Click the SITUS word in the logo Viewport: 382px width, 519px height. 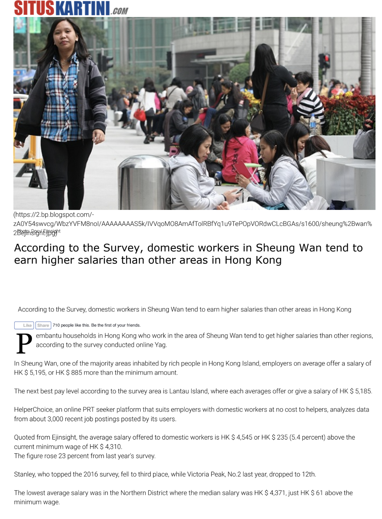pos(34,8)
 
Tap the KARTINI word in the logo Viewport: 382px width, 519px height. pos(82,8)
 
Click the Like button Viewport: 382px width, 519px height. pos(24,325)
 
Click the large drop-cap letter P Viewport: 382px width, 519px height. pos(24,343)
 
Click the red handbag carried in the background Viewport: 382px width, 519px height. pos(140,114)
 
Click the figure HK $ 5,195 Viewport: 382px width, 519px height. pos(30,373)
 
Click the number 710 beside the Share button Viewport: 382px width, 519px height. pos(56,325)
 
